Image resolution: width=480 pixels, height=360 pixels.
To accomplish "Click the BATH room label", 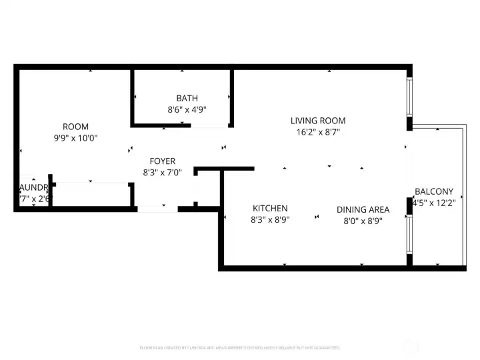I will (187, 98).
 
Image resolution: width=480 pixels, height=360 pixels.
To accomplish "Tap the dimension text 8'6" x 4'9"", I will (187, 109).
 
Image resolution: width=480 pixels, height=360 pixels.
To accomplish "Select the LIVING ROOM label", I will (318, 121).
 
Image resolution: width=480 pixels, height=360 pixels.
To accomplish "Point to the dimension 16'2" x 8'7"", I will (318, 132).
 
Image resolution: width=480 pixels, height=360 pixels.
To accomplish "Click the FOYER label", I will (162, 161).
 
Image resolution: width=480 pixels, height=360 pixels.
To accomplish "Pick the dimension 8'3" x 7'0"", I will (162, 173).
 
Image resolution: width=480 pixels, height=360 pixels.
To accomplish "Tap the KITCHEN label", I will (270, 208).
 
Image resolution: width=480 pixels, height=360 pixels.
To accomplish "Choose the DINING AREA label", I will (363, 209).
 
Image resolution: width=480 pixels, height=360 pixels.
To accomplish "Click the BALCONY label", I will (433, 191).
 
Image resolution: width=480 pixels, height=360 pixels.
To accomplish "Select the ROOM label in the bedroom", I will (75, 127).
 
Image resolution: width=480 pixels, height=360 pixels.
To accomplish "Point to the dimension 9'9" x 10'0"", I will (75, 138).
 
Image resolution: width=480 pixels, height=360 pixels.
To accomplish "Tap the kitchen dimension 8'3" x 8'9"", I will (270, 219).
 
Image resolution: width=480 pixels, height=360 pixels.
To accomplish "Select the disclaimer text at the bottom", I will (239, 347).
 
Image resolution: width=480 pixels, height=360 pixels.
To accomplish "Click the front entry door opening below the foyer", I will (157, 209).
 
